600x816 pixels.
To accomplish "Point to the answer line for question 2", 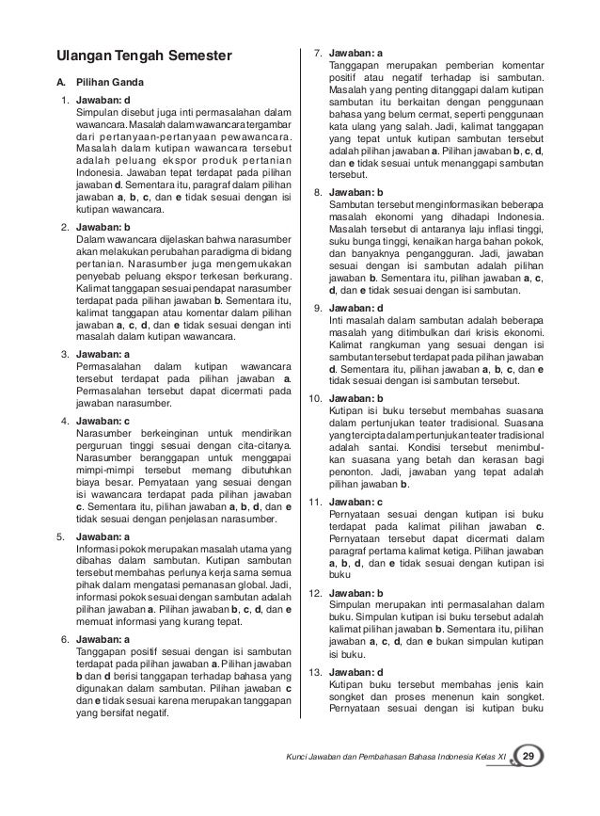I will click(x=103, y=229).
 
